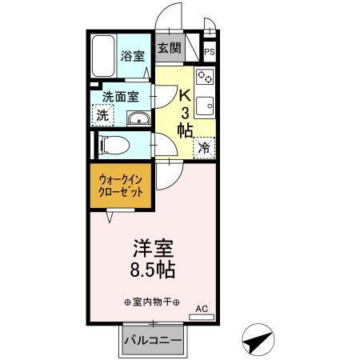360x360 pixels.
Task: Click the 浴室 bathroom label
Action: click(133, 56)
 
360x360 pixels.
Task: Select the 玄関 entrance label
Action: click(169, 48)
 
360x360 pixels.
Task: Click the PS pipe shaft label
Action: click(210, 53)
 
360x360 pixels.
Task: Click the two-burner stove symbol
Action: click(206, 78)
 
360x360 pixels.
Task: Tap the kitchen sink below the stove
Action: click(206, 106)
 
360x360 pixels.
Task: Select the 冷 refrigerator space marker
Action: click(205, 147)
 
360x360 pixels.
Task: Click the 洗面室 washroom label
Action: click(120, 98)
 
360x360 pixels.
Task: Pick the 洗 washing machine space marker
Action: click(102, 115)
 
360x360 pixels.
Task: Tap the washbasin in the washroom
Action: click(138, 120)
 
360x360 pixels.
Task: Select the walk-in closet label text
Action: click(122, 187)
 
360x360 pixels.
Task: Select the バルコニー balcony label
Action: click(152, 342)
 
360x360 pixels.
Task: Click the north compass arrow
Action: click(254, 342)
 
